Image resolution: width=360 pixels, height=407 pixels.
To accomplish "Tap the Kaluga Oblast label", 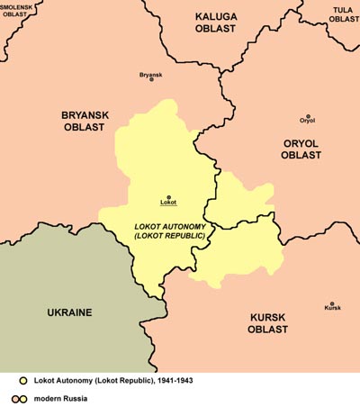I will pyautogui.click(x=215, y=23).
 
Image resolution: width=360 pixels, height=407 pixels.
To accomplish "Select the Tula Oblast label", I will pyautogui.click(x=342, y=14).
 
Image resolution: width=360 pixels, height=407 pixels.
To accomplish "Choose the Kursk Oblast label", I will pyautogui.click(x=267, y=323).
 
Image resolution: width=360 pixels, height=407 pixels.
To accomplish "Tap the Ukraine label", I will pyautogui.click(x=69, y=312).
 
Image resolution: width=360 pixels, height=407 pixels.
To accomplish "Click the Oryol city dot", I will pyautogui.click(x=308, y=117).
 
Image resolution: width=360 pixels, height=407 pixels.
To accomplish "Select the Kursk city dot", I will pyautogui.click(x=332, y=303).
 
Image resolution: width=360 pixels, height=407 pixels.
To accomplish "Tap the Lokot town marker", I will pyautogui.click(x=168, y=196).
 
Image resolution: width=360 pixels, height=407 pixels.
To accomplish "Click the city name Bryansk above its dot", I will pyautogui.click(x=151, y=74).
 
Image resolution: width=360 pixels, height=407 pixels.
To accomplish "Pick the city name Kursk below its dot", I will pyautogui.click(x=332, y=310).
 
